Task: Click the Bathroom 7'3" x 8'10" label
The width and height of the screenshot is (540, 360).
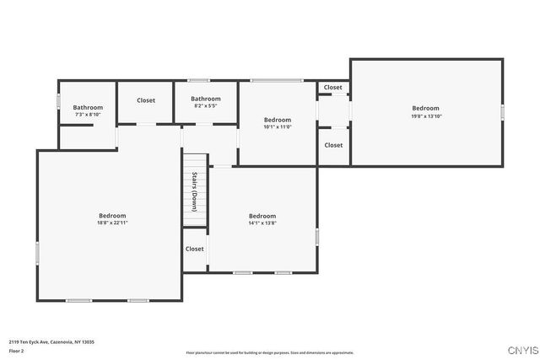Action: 88,110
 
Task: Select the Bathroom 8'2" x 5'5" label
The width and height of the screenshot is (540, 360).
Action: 207,102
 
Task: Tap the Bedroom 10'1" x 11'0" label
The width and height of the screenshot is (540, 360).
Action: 278,123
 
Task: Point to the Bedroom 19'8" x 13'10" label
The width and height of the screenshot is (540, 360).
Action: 425,112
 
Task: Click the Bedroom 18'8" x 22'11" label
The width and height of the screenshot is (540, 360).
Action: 111,219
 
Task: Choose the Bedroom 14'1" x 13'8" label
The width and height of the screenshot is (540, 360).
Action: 262,219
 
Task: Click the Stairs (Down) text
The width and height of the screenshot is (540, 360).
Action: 194,191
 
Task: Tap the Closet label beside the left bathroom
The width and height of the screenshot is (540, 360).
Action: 146,100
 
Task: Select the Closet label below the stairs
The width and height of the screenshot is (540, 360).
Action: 195,249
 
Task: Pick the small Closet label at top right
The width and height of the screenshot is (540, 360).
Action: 333,87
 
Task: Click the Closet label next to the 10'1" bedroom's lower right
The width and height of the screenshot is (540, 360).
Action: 333,145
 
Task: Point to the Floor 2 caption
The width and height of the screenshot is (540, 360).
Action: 17,350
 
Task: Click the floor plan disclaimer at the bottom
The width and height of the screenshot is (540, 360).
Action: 270,352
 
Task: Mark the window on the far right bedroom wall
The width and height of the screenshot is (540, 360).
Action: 502,111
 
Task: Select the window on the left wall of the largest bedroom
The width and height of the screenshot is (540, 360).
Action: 37,253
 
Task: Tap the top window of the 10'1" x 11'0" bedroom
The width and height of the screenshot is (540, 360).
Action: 276,80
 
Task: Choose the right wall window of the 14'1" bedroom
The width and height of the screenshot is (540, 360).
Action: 316,237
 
